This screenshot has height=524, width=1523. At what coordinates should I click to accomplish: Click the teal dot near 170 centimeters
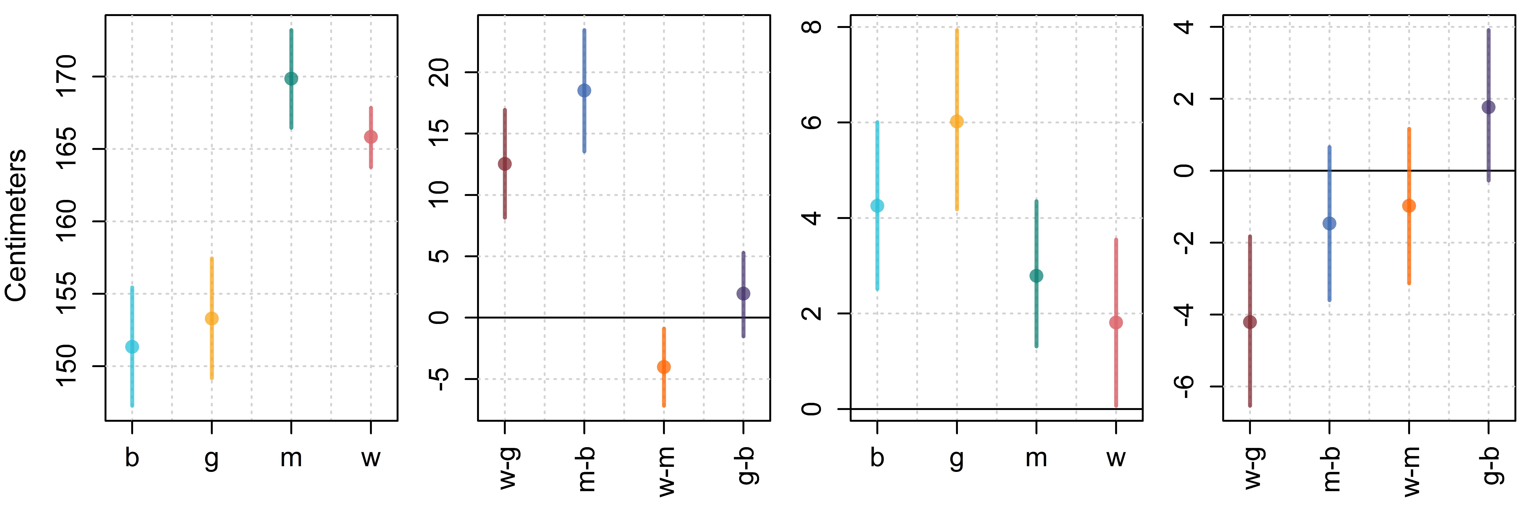tap(291, 79)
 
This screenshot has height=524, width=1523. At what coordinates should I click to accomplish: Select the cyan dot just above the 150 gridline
tap(132, 347)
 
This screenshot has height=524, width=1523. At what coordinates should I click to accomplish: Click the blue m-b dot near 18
tap(584, 91)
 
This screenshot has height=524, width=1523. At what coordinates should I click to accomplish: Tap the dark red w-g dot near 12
tap(505, 164)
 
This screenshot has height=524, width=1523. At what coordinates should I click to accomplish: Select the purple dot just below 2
tap(1489, 107)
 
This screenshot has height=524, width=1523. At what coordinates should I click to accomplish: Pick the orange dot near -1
tap(1409, 206)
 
